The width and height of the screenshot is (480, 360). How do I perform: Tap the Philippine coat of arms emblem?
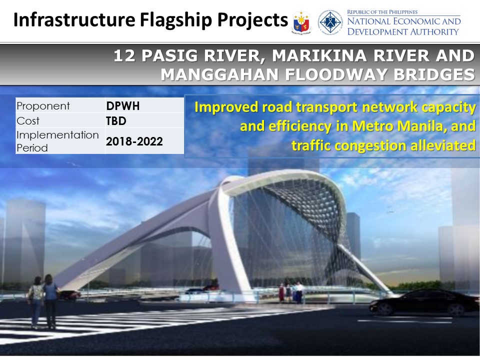tap(301, 22)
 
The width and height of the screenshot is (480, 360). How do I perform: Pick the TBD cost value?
tap(116, 121)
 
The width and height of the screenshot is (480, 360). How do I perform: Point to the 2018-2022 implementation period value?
tap(134, 141)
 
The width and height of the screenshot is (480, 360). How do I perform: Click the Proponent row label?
tap(43, 106)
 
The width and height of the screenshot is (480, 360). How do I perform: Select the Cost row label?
tap(28, 121)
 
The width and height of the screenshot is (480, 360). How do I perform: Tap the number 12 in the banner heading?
tap(124, 56)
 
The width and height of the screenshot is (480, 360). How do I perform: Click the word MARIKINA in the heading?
tap(320, 56)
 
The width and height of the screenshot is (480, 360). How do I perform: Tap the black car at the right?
tap(425, 302)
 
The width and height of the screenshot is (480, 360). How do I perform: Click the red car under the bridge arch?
tap(210, 288)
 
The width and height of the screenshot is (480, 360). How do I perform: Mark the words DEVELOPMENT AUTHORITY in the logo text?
tap(403, 31)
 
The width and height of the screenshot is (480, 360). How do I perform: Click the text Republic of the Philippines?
tap(382, 12)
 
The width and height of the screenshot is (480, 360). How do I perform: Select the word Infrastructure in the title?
tap(74, 20)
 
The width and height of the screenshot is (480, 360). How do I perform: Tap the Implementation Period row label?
tap(57, 141)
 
